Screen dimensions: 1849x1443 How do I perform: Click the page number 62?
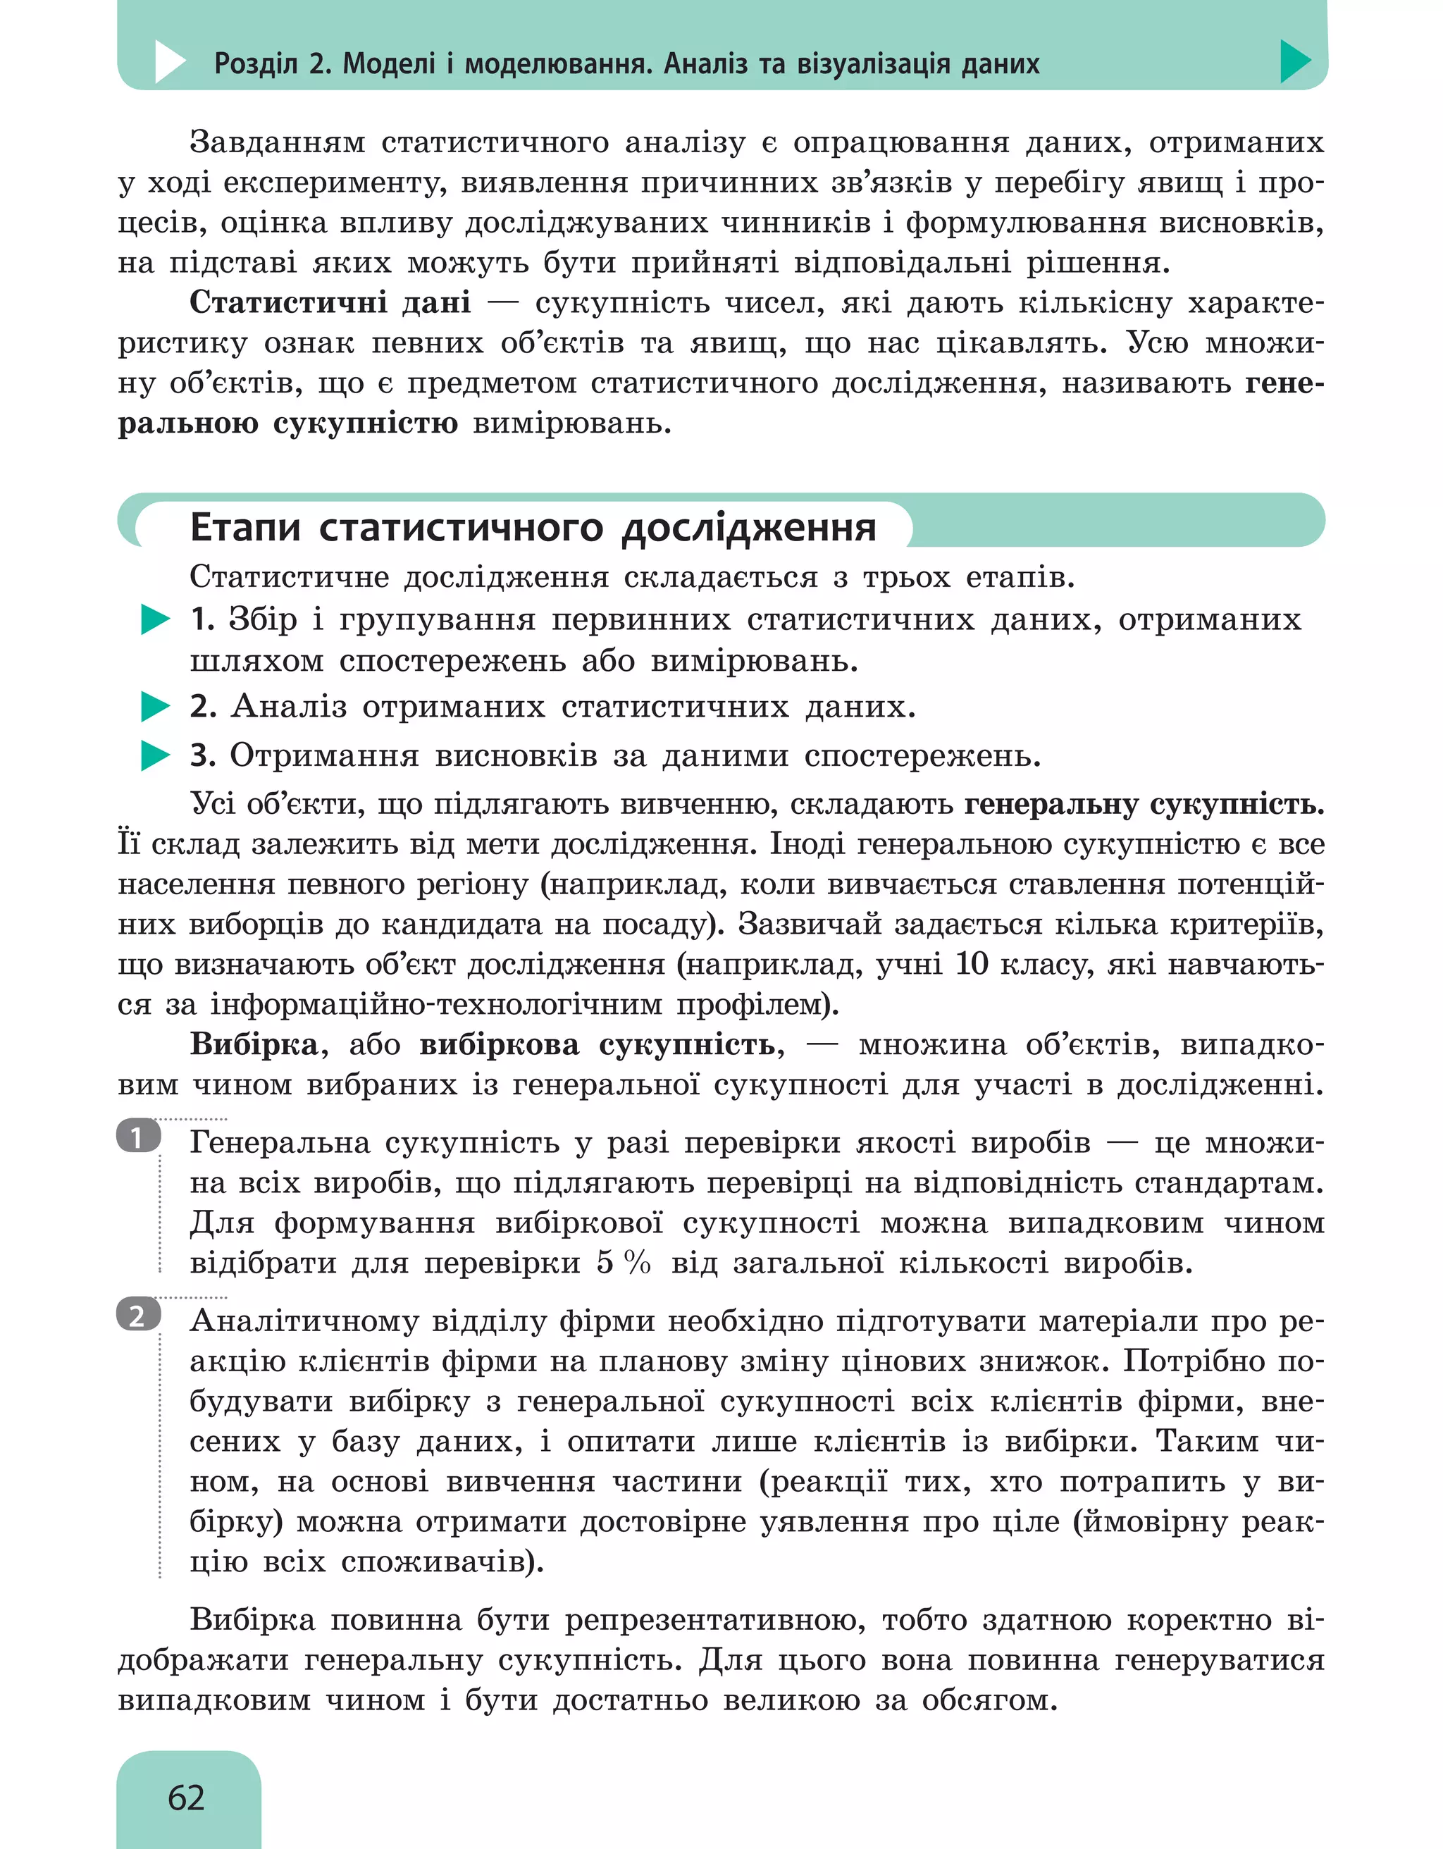pyautogui.click(x=186, y=1797)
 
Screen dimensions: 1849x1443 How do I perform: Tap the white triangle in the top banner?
pyautogui.click(x=169, y=62)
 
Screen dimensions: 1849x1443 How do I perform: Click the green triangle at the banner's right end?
pyautogui.click(x=1294, y=61)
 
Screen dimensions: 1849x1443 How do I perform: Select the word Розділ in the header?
pyautogui.click(x=255, y=63)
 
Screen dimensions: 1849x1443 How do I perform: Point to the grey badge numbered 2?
pyautogui.click(x=138, y=1316)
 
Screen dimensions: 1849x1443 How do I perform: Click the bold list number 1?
pyautogui.click(x=202, y=619)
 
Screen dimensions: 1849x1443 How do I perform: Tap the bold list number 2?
pyautogui.click(x=203, y=706)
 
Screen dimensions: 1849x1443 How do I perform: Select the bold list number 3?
pyautogui.click(x=203, y=755)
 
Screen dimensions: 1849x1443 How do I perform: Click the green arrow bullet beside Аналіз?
pyautogui.click(x=155, y=706)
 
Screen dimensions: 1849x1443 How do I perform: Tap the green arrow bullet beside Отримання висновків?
pyautogui.click(x=155, y=755)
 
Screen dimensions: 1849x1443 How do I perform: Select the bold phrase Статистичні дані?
pyautogui.click(x=329, y=302)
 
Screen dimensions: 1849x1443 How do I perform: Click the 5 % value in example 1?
pyautogui.click(x=623, y=1262)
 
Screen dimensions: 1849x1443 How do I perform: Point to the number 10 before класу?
pyautogui.click(x=971, y=963)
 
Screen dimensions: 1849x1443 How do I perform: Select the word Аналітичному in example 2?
pyautogui.click(x=302, y=1321)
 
